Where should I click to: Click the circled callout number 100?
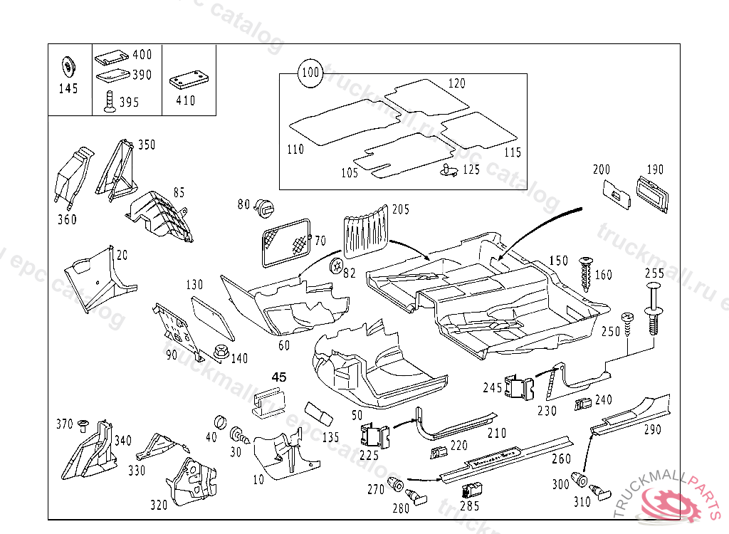point(310,73)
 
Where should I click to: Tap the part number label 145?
point(68,90)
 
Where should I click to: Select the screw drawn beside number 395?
point(109,103)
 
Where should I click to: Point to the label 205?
point(401,209)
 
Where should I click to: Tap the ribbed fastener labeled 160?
point(587,273)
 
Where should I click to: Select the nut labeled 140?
point(219,352)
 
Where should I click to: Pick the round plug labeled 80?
point(265,207)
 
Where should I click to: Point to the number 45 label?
point(279,377)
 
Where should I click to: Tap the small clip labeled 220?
point(438,451)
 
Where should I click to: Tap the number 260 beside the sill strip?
point(561,459)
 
